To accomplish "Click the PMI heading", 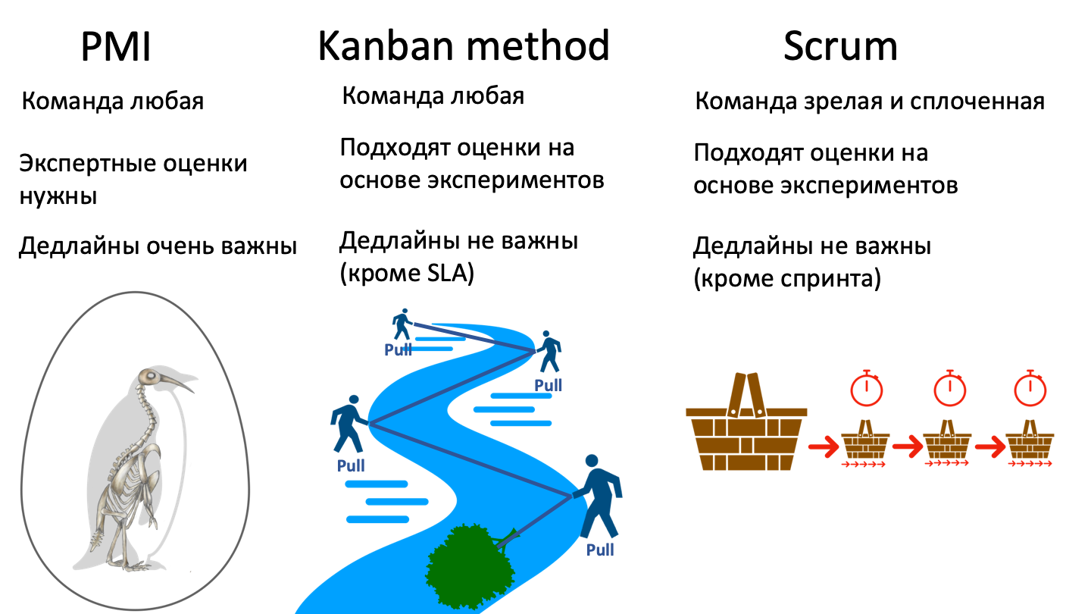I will [x=116, y=48].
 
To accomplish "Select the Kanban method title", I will [x=464, y=46].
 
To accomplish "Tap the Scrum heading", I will [x=840, y=47].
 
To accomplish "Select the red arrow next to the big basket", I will [x=824, y=446].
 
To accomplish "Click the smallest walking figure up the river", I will [x=402, y=324].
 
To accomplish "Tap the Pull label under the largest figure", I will [x=600, y=550].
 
